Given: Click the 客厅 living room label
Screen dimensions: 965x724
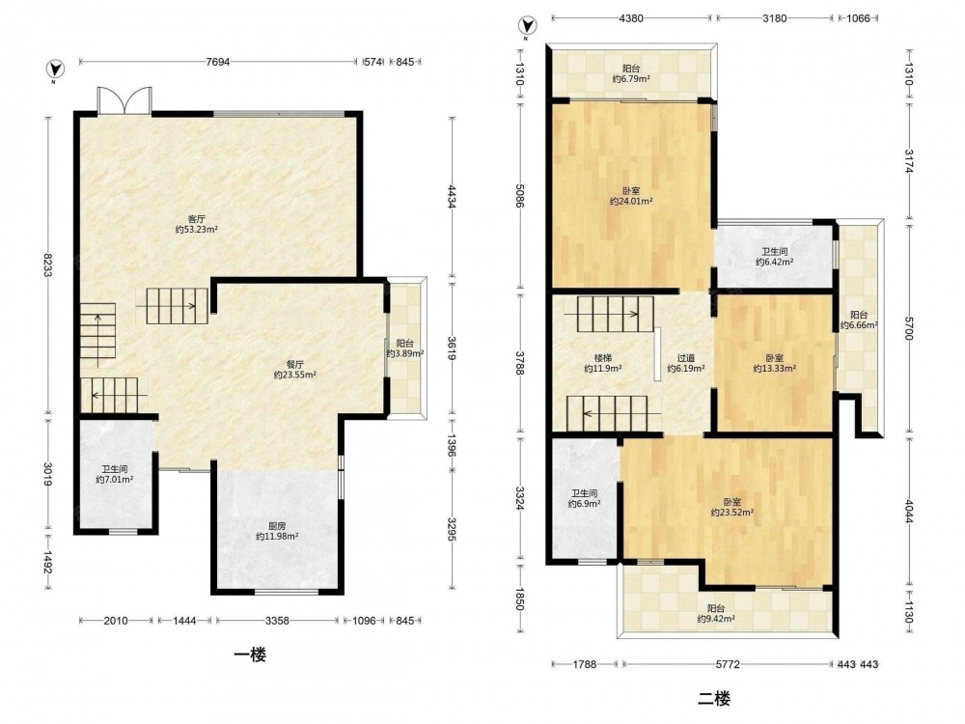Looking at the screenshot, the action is [x=196, y=218].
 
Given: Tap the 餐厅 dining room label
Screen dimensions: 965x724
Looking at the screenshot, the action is [x=294, y=364].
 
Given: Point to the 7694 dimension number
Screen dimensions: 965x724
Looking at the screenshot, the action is [x=218, y=62].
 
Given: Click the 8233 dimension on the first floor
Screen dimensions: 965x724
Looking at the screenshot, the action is [x=46, y=265].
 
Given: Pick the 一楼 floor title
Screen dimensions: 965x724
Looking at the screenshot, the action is [x=251, y=654].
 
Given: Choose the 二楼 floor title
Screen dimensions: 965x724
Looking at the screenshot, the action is [x=714, y=699].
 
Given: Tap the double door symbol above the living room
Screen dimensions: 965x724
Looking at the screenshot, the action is [x=124, y=99].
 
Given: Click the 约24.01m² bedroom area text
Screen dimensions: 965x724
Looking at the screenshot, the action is [x=631, y=201].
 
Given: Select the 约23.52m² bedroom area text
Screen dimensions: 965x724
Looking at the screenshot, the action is [x=732, y=512].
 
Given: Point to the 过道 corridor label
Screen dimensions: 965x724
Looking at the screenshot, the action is [x=686, y=358].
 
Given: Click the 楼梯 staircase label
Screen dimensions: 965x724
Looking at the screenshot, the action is [x=602, y=358].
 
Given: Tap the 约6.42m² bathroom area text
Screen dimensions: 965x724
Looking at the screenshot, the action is [x=774, y=262].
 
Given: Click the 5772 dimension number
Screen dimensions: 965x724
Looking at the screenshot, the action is [x=728, y=664].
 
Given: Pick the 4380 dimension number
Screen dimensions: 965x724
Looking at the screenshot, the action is [x=631, y=17].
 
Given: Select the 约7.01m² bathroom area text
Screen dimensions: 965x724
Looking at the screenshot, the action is [x=115, y=480].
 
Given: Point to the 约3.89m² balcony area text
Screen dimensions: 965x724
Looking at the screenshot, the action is [x=405, y=354].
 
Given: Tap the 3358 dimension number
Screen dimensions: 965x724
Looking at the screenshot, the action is [x=277, y=621].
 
